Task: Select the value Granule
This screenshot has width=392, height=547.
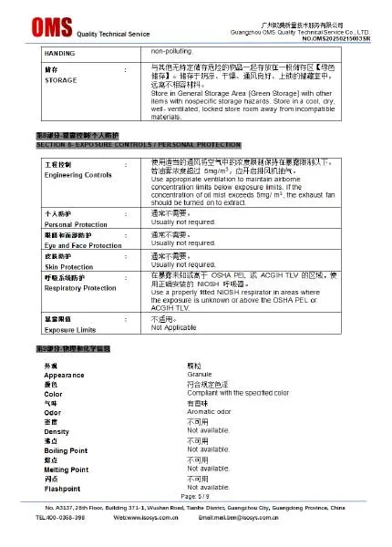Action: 200,375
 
